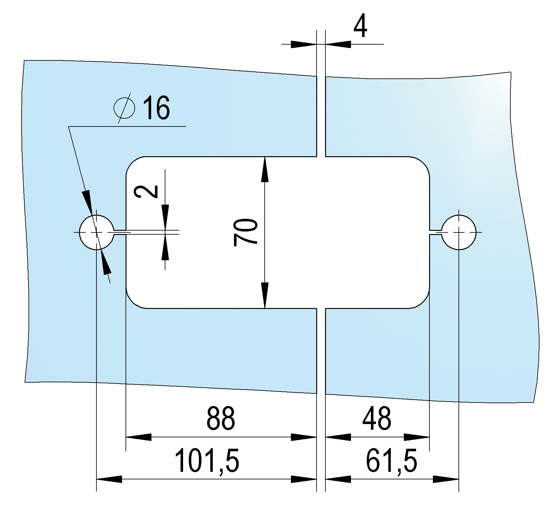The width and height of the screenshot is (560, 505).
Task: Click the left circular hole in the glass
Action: [x=96, y=232]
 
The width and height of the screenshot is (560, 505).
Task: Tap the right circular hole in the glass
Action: [x=459, y=232]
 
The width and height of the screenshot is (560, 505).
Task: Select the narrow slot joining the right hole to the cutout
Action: [x=435, y=232]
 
